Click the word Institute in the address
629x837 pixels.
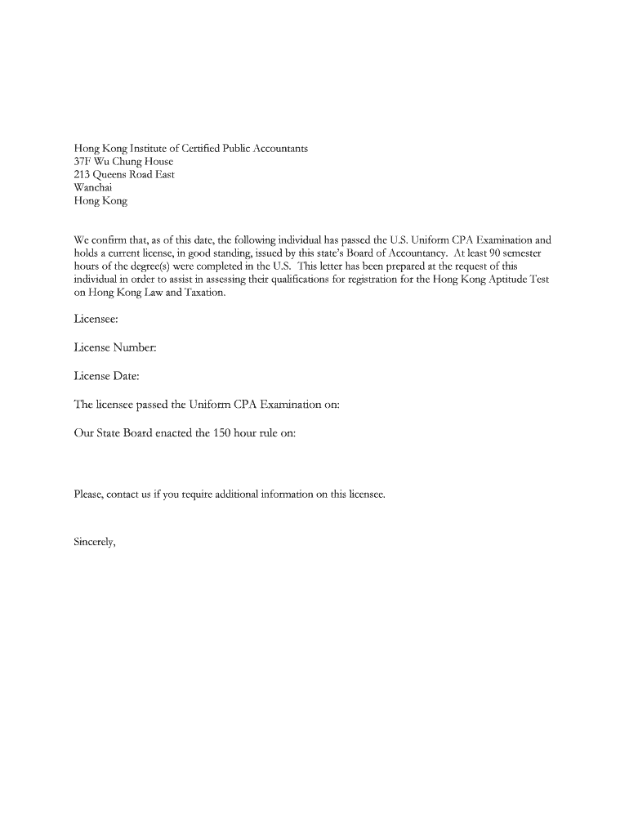(x=149, y=149)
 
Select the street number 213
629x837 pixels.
(x=83, y=175)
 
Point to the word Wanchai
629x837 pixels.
(x=93, y=188)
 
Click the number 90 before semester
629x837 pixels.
(x=496, y=253)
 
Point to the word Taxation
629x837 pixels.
(x=203, y=293)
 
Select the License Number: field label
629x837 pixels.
(x=115, y=348)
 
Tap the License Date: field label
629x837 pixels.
(x=107, y=376)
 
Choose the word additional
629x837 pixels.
(x=237, y=495)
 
